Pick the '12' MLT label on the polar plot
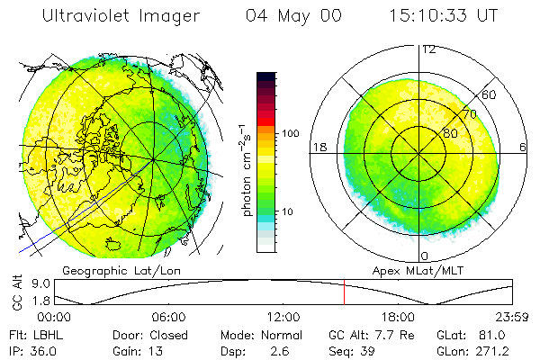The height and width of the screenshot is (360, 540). (428, 49)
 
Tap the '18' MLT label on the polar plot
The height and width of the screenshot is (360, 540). (319, 147)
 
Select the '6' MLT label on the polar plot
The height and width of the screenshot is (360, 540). (523, 147)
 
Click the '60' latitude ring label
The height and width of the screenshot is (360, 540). (490, 94)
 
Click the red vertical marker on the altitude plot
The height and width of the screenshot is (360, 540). (344, 292)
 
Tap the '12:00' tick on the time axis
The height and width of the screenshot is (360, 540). (283, 318)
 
